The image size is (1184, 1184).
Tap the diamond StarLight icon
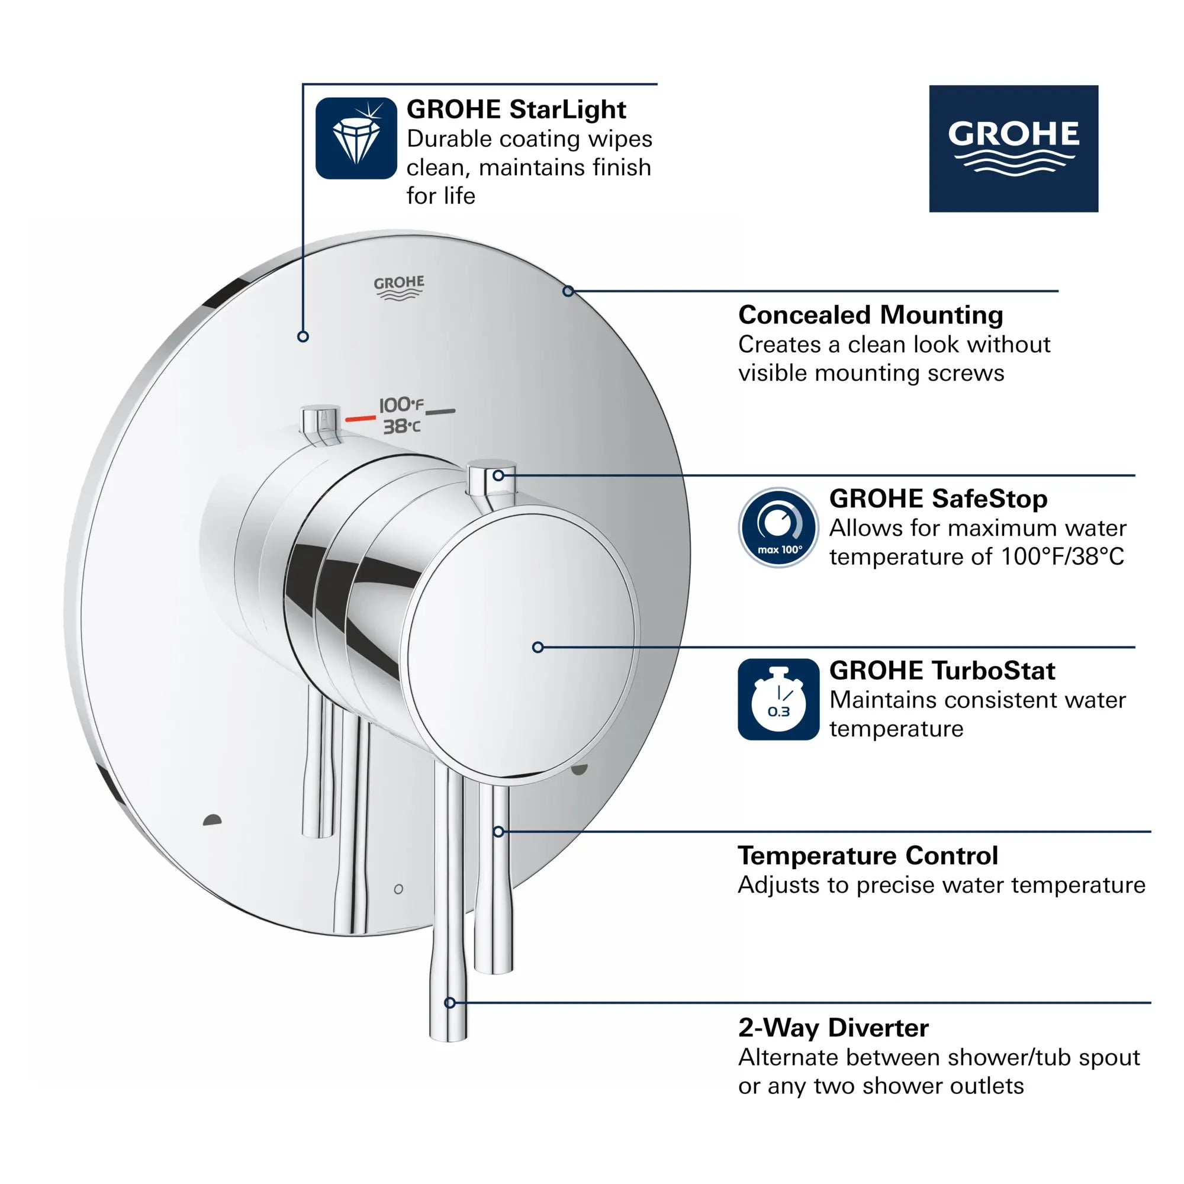point(356,139)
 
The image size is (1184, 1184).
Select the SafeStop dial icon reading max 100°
point(778,527)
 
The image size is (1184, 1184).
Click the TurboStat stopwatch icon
point(778,699)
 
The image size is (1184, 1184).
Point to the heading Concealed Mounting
point(870,315)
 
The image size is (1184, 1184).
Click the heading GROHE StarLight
point(516,110)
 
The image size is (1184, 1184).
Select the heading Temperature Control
point(868,855)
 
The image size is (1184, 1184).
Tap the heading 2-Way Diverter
point(833,1028)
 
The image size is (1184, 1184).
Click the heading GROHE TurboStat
point(942,671)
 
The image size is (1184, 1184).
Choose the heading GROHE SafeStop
point(938,499)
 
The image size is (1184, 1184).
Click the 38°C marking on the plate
point(402,426)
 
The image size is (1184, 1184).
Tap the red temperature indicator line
point(361,419)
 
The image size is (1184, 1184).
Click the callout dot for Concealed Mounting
point(568,291)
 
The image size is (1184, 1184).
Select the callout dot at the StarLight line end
point(303,336)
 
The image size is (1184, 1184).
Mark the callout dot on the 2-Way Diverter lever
point(450,1003)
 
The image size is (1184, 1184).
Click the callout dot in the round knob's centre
point(538,647)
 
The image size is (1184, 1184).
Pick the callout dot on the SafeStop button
point(498,475)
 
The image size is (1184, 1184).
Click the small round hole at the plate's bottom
point(398,889)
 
